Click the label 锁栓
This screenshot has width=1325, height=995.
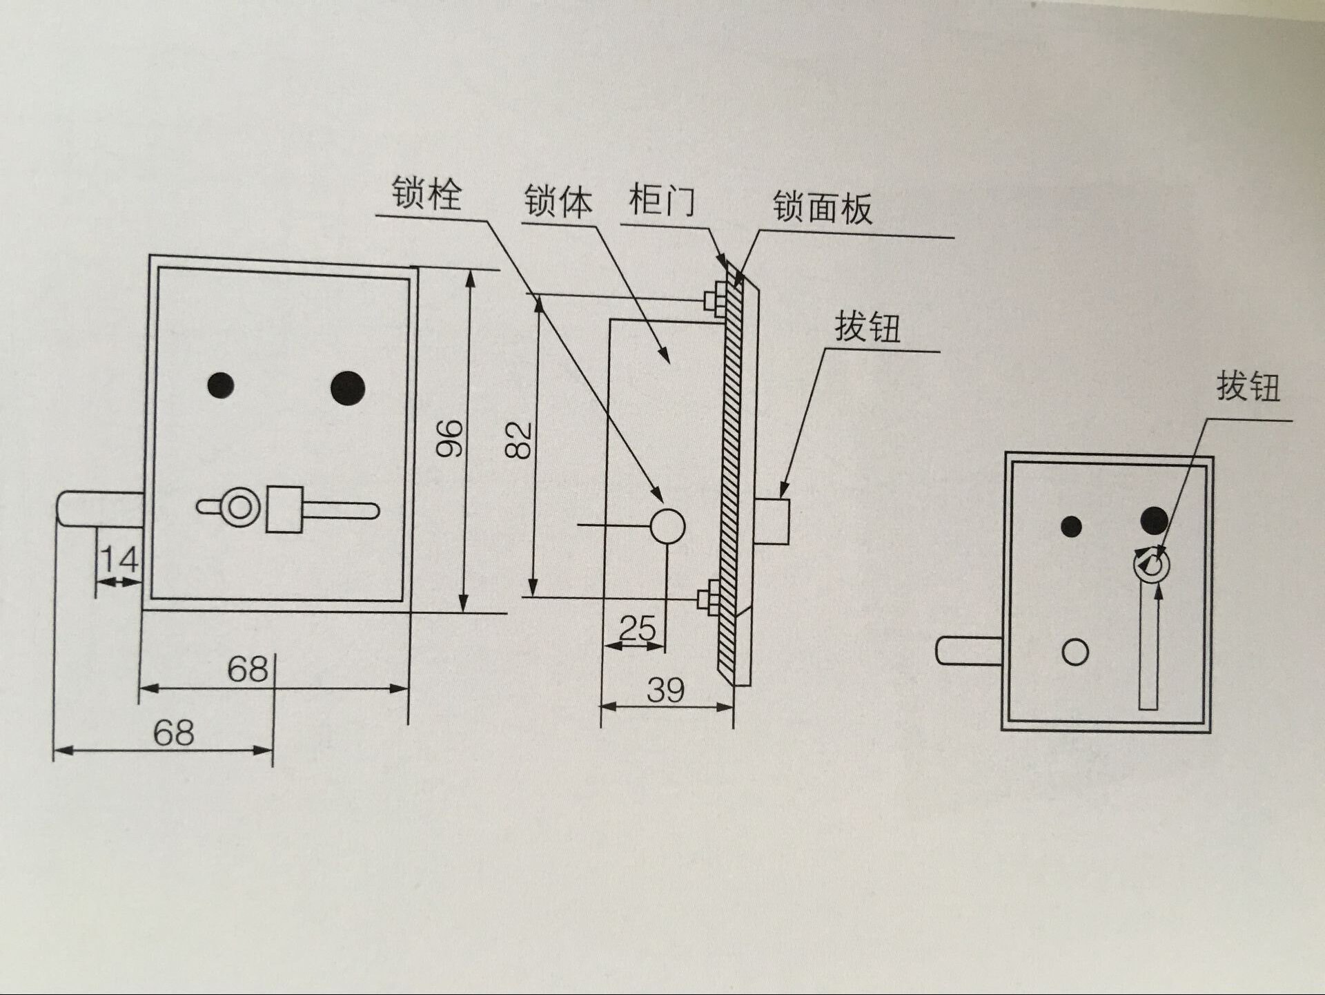tap(426, 193)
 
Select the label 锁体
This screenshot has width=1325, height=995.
tap(558, 201)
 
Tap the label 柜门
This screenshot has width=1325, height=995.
tap(661, 200)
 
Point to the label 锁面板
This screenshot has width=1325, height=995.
tap(822, 207)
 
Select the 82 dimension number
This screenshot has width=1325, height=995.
tap(518, 440)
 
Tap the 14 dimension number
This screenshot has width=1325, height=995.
tap(119, 559)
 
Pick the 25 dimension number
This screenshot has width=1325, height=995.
tap(637, 628)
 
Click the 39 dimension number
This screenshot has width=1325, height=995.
tap(665, 690)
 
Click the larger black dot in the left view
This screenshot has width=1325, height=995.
tap(348, 388)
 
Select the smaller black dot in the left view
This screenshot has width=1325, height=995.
tap(220, 385)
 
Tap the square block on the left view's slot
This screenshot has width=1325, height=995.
tap(284, 510)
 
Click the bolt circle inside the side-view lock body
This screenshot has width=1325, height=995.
tap(667, 527)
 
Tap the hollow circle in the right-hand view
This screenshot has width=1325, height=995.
tap(1075, 652)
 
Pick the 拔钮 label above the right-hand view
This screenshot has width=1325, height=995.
tap(1248, 386)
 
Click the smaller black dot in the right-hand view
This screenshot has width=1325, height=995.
tap(1071, 527)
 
